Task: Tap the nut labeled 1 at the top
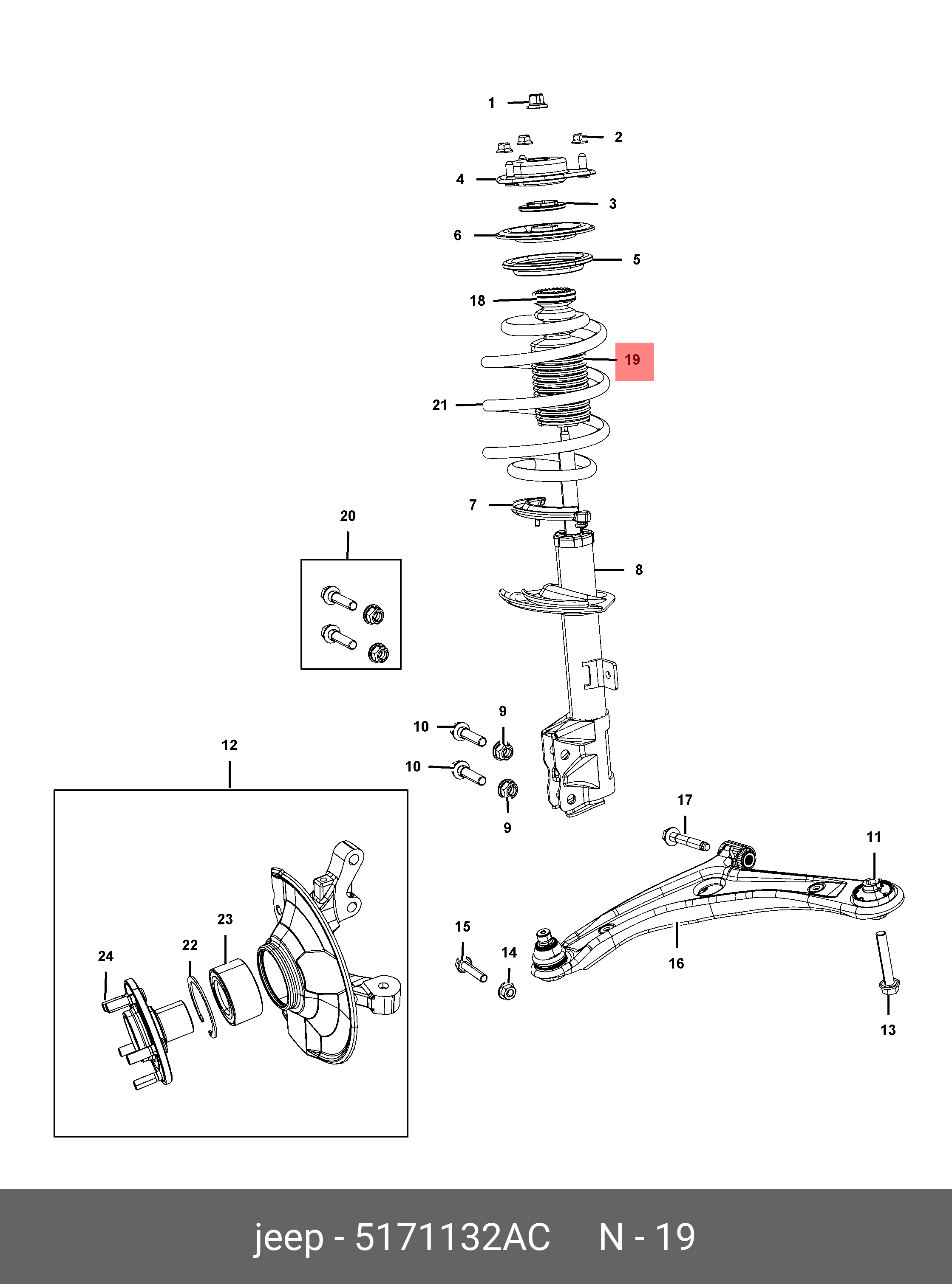tap(536, 102)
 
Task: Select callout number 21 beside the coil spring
tap(440, 405)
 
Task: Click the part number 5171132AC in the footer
tap(452, 1236)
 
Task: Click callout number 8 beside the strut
tap(638, 570)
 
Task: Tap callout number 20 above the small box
tap(348, 516)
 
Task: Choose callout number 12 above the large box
tap(229, 745)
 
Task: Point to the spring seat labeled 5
tap(547, 264)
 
